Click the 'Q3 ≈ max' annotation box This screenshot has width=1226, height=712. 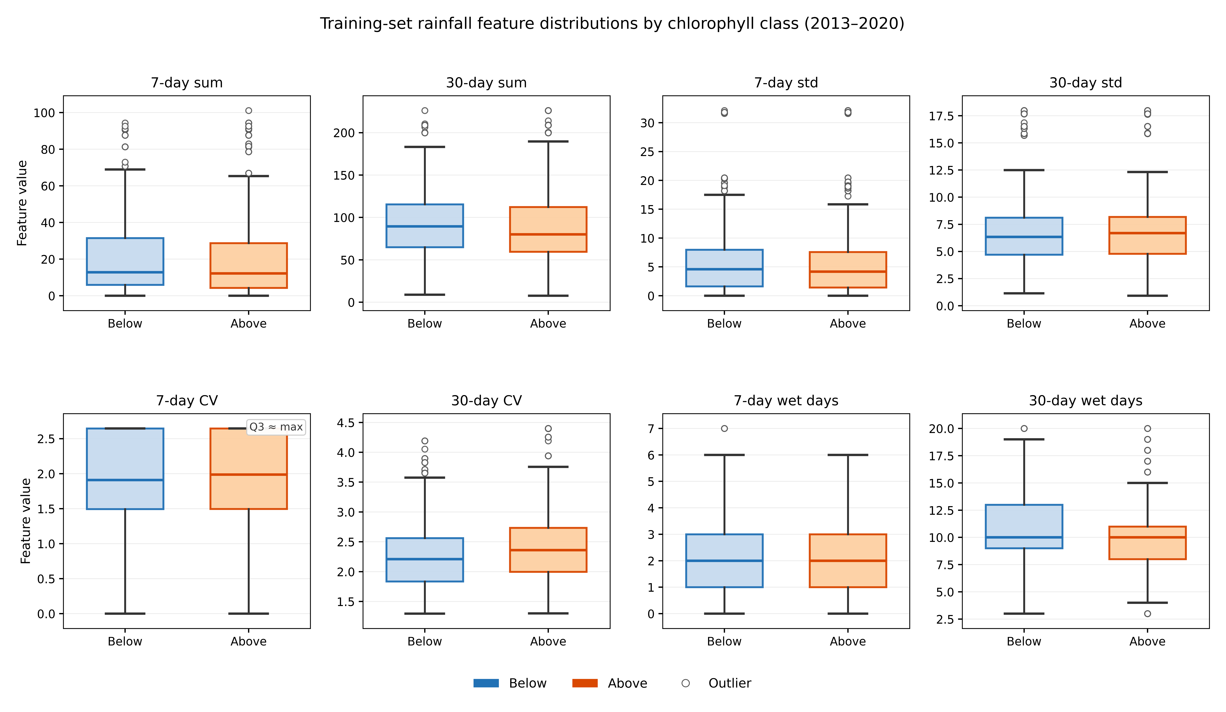(276, 427)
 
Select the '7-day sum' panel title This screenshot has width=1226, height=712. (187, 83)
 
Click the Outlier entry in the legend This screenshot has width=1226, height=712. (716, 683)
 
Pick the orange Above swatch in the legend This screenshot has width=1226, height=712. (585, 683)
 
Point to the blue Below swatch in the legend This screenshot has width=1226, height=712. (486, 683)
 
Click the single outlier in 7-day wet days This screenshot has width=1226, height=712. (724, 429)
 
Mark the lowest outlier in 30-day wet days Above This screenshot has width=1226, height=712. (1148, 614)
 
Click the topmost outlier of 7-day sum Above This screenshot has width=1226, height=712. (249, 111)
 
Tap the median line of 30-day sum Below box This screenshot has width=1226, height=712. (425, 226)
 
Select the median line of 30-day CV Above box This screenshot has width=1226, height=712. (548, 550)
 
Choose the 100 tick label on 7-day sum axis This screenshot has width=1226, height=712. (44, 113)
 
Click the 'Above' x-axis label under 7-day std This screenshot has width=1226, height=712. (848, 324)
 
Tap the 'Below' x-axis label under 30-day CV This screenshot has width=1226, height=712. (425, 641)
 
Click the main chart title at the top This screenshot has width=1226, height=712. (612, 23)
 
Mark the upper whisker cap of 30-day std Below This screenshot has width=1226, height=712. (1024, 170)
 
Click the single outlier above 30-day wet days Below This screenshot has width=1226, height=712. (1024, 429)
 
